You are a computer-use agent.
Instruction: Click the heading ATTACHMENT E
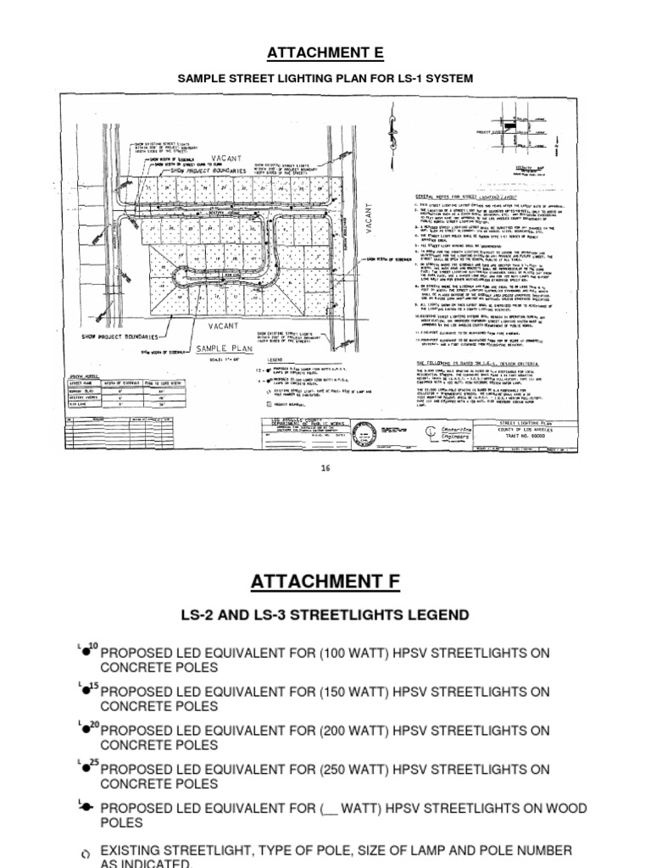325,53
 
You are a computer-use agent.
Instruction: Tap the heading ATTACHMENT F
325,581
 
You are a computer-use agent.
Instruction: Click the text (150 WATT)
357,692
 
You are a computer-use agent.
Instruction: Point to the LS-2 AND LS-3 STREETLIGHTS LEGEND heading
325,614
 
